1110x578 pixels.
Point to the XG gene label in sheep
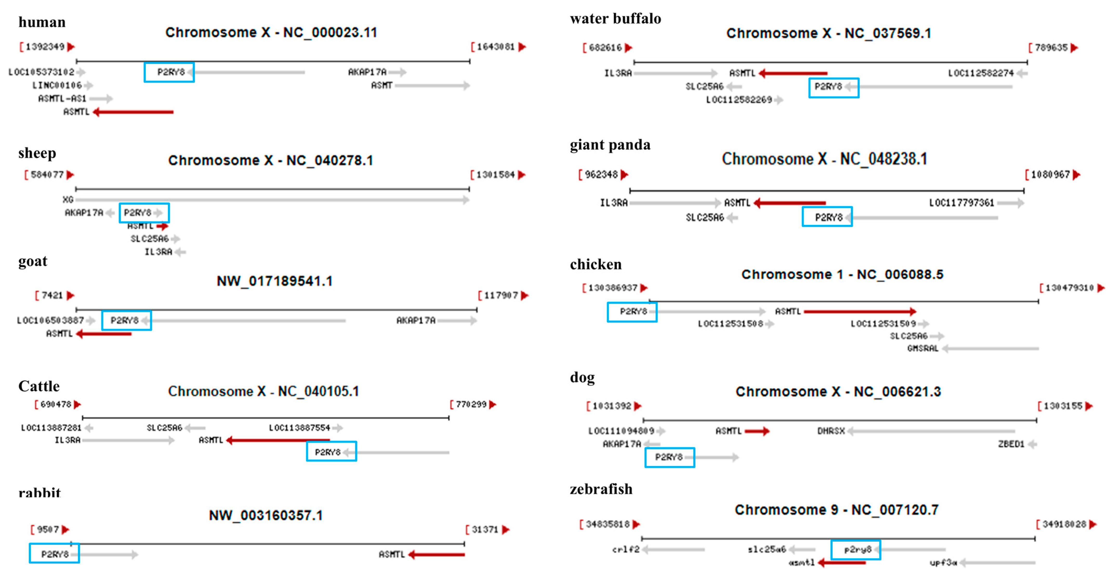(x=68, y=199)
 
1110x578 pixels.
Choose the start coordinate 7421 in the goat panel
(x=52, y=295)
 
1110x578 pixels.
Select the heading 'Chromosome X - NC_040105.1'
(x=263, y=391)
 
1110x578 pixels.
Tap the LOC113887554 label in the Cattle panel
(x=300, y=428)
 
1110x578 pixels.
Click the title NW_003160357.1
(x=266, y=515)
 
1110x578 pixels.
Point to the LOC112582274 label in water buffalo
(x=981, y=73)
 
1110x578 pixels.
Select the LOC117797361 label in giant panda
(x=961, y=203)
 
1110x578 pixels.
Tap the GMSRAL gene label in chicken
(x=923, y=348)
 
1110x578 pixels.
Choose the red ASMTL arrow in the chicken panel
(x=860, y=311)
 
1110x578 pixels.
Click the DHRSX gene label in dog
(x=831, y=431)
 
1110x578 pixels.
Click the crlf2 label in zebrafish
(x=626, y=550)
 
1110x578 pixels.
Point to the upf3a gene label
(x=943, y=562)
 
